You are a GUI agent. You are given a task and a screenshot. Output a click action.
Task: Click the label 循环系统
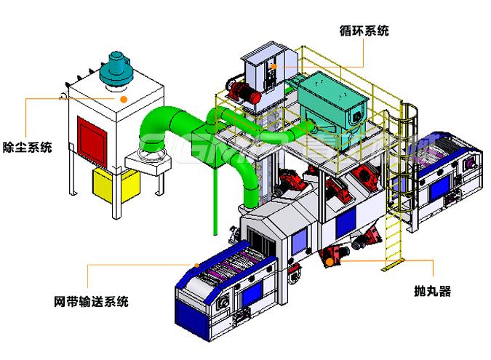point(364,31)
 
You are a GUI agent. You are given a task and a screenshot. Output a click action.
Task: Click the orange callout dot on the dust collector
point(124,96)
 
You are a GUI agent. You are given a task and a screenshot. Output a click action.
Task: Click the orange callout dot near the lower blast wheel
point(328,260)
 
